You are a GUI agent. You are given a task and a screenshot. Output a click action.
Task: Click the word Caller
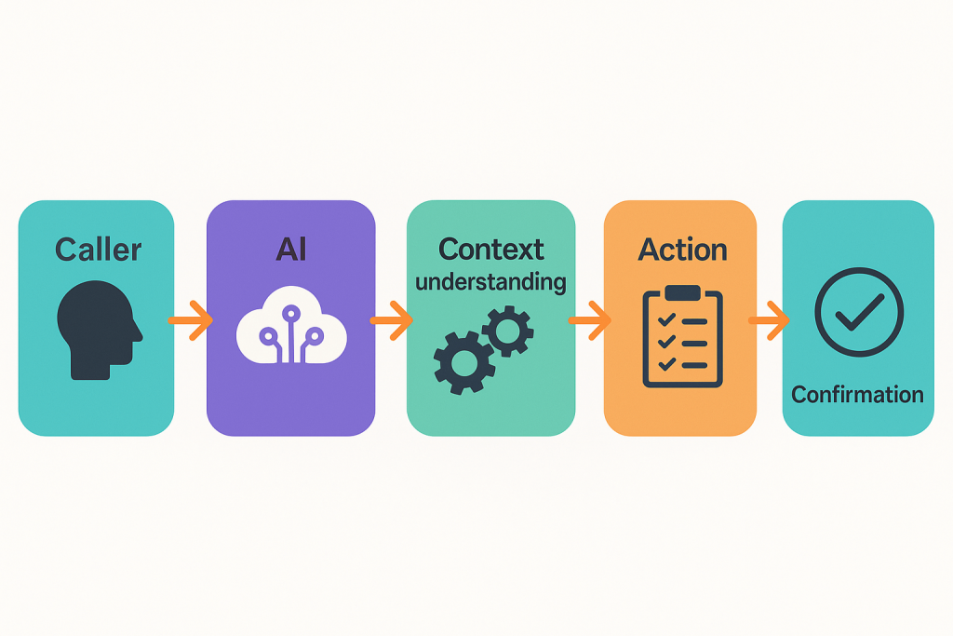coord(98,250)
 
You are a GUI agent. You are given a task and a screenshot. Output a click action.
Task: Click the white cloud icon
coord(291,331)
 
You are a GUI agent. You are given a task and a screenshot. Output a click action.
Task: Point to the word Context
coord(490,250)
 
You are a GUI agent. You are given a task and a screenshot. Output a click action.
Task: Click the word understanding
coord(490,281)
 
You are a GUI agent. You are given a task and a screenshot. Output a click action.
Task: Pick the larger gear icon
coord(457,360)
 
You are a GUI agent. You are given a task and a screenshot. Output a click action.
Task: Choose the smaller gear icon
coord(507,330)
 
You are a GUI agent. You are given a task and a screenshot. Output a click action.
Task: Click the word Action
coord(682,250)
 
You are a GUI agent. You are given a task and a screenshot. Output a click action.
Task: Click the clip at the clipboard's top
coord(682,293)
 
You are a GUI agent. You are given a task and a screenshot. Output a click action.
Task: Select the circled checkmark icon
coord(858,313)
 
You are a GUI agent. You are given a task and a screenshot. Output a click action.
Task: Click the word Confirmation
coord(857,394)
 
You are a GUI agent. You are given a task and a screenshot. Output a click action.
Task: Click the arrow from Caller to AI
coord(191,320)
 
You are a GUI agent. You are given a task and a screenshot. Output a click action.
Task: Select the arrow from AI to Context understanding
coord(391,320)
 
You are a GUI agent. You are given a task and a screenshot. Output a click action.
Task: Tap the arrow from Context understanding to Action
coord(589,320)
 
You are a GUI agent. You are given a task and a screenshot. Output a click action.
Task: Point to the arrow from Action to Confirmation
coord(769,320)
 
